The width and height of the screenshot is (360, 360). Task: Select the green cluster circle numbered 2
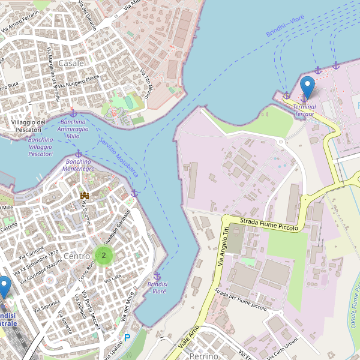point(104,256)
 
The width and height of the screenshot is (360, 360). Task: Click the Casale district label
point(71,62)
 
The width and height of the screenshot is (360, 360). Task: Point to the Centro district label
point(77,256)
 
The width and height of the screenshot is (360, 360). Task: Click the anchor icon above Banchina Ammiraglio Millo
point(73,113)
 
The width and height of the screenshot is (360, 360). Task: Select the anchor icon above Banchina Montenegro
point(78,154)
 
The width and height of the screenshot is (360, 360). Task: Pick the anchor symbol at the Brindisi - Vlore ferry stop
point(157,275)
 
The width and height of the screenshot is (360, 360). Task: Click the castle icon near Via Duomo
point(85,196)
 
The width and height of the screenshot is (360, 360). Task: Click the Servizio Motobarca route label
point(119,158)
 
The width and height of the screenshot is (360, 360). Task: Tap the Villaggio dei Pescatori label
point(29,126)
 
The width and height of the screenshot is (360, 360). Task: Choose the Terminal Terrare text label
point(304,110)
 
